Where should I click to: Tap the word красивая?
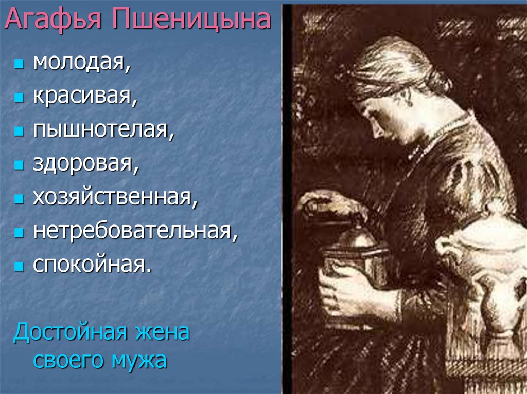85,97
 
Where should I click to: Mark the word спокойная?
93,265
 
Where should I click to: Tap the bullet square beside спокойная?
20,266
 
